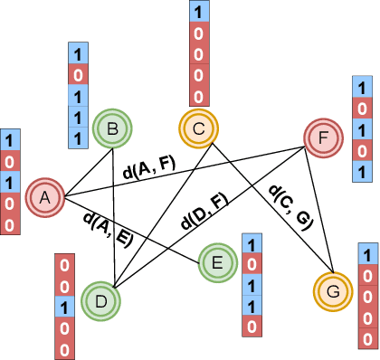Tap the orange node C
[x=197, y=128]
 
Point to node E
[x=216, y=263]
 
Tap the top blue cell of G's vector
[x=367, y=253]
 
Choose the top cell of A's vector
[x=9, y=140]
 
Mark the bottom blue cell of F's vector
[x=361, y=172]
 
